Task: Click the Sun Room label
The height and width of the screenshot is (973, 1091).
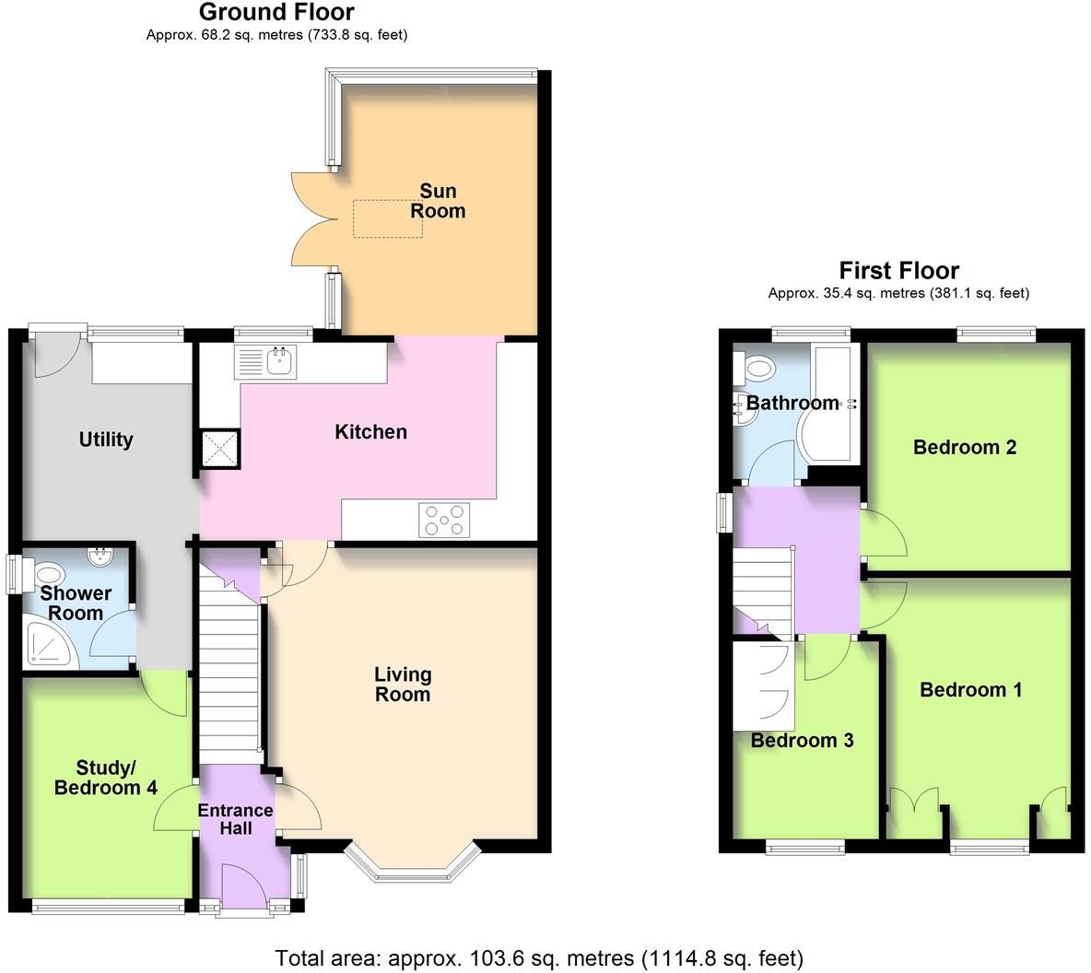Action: [438, 201]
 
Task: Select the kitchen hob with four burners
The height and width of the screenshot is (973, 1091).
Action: [444, 520]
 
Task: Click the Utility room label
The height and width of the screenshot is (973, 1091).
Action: [106, 440]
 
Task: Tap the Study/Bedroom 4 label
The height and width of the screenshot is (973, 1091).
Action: [105, 778]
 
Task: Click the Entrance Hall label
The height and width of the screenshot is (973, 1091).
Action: [236, 819]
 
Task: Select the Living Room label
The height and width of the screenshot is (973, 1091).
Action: [403, 685]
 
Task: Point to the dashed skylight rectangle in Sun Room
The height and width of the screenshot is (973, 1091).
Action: [388, 218]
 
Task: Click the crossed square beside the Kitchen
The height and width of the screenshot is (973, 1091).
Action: [220, 450]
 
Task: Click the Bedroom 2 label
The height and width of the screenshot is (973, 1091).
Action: [965, 448]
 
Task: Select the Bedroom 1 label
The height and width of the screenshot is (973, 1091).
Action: [970, 690]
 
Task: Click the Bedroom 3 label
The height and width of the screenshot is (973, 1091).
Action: [802, 741]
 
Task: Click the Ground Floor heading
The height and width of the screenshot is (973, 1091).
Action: [276, 12]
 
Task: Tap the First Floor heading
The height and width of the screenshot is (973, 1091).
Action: [898, 271]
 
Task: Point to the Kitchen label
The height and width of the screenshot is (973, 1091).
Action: [370, 432]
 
